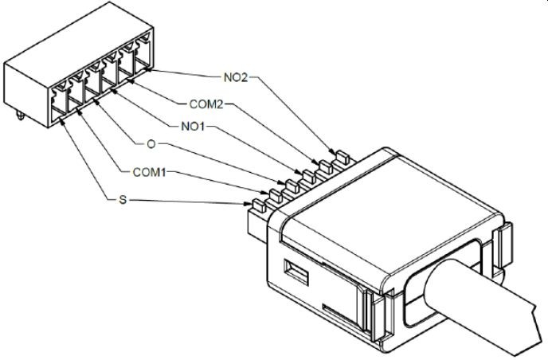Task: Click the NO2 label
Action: pos(236,78)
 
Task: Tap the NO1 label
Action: pos(184,125)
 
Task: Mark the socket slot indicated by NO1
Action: pos(111,84)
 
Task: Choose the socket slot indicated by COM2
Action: pos(128,73)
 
